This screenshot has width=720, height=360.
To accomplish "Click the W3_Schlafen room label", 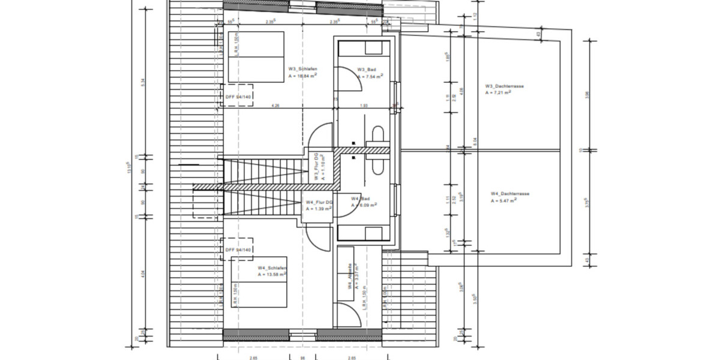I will coord(303,68).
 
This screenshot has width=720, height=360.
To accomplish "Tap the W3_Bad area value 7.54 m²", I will coord(370,77).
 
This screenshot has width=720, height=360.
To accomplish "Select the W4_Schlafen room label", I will coord(272,268).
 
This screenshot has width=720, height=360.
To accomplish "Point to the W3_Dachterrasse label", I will coord(505,86).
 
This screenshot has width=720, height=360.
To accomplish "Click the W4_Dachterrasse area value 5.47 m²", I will coord(504,201).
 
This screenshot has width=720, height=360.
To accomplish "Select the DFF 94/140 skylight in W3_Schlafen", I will coord(238,96).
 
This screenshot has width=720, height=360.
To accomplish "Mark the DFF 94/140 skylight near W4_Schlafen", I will coord(238,250).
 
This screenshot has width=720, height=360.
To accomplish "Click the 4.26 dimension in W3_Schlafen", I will coord(275,106).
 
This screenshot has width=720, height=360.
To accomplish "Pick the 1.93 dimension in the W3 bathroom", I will coord(364,106).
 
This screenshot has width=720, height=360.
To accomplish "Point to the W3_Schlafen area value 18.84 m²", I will coord(303,76).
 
